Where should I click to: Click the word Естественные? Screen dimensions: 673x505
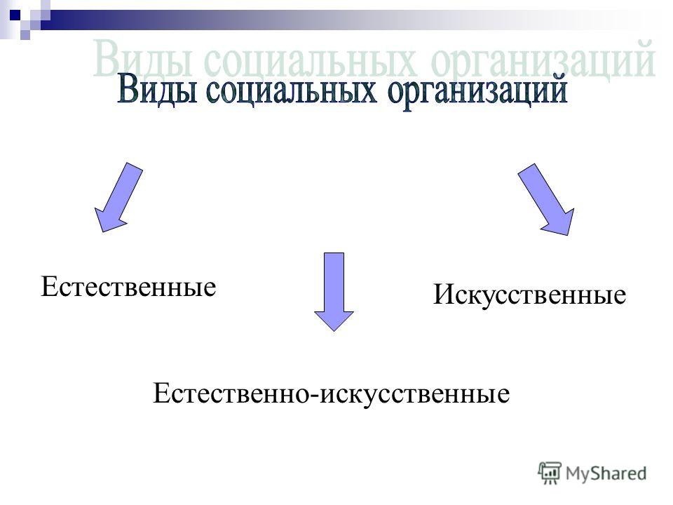pyautogui.click(x=128, y=286)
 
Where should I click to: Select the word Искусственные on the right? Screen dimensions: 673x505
pyautogui.click(x=530, y=295)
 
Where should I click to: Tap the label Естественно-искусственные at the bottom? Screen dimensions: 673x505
pyautogui.click(x=332, y=393)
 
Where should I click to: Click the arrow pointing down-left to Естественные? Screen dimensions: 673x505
pyautogui.click(x=118, y=198)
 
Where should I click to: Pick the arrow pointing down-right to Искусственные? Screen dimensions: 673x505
pyautogui.click(x=546, y=199)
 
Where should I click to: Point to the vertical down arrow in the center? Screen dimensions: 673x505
pyautogui.click(x=334, y=292)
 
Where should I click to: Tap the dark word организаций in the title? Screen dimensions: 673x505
pyautogui.click(x=477, y=92)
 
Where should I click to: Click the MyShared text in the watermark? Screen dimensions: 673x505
pyautogui.click(x=606, y=473)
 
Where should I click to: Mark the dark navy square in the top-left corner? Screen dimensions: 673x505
pyautogui.click(x=15, y=16)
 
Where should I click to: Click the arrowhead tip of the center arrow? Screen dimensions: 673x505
pyautogui.click(x=334, y=330)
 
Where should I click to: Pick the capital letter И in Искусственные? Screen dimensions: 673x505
pyautogui.click(x=442, y=295)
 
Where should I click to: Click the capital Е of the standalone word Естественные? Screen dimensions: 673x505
pyautogui.click(x=48, y=286)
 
